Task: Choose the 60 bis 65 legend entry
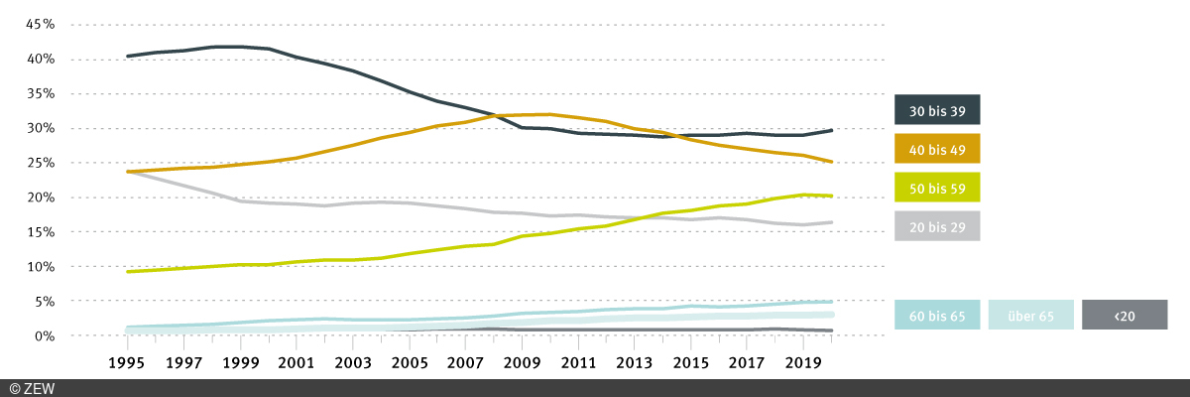click(x=937, y=315)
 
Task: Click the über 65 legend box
click(x=1030, y=315)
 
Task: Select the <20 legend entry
click(x=1125, y=315)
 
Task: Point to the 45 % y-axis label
click(x=34, y=25)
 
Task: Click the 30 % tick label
click(x=34, y=129)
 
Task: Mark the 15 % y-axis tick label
click(x=34, y=232)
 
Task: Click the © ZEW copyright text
click(x=32, y=388)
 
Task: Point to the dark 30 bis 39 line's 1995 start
click(x=128, y=57)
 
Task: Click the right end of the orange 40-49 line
click(x=831, y=162)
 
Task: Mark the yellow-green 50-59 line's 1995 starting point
click(x=128, y=271)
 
